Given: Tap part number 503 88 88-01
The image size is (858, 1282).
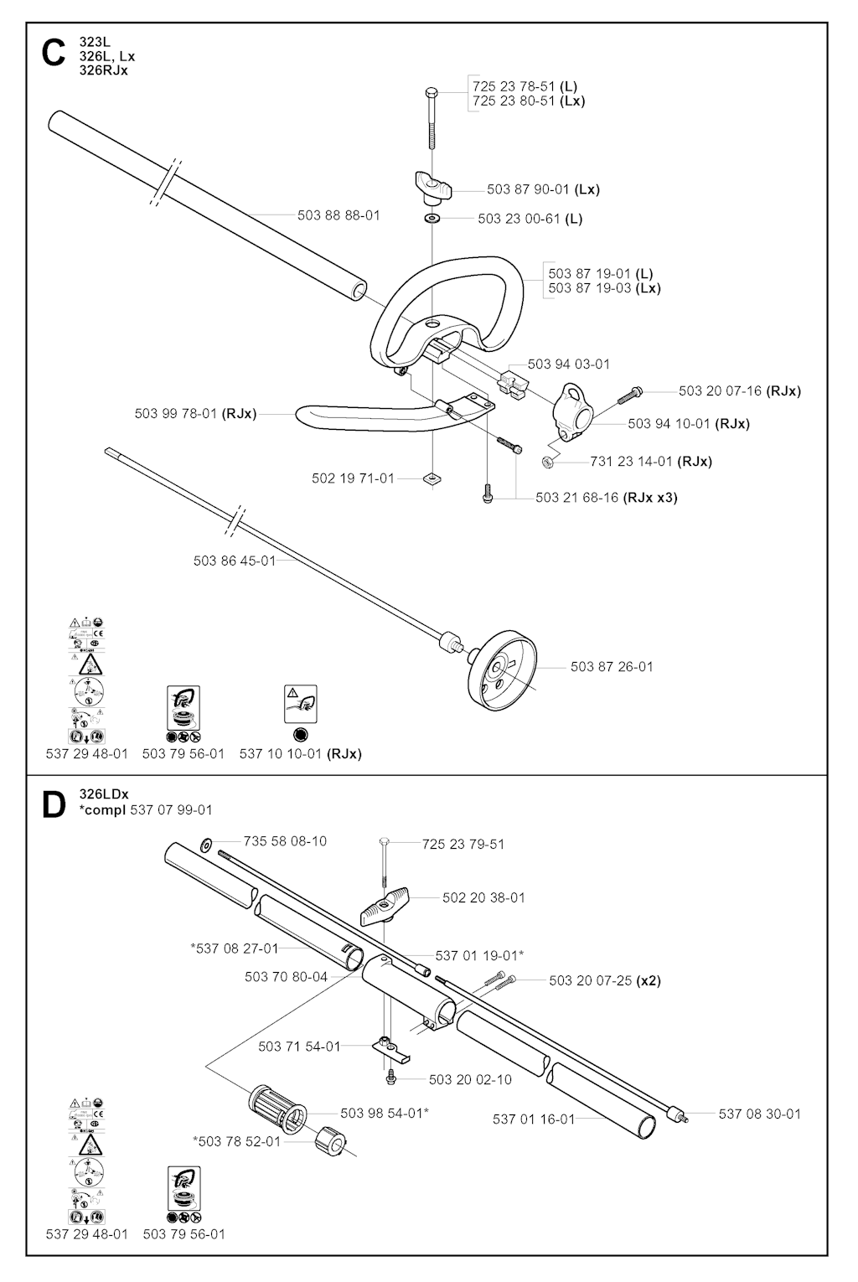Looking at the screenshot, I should pos(339,215).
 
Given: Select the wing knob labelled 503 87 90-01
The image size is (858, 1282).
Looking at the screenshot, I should pos(432,186).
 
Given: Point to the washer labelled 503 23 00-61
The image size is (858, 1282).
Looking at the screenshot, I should pos(432,219).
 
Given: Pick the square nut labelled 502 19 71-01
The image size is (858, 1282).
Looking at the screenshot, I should pos(432,478).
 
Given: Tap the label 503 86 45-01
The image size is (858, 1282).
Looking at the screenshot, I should pos(235,561).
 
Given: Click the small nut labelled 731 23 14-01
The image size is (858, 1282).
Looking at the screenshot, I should pos(549,461).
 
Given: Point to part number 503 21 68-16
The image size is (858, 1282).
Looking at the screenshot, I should pos(577,498).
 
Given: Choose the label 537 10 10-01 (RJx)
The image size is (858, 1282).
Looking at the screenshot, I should pos(300,754).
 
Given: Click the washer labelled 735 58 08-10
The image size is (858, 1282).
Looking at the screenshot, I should pos(206,842).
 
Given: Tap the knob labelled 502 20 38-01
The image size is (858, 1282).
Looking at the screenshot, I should pos(388,903).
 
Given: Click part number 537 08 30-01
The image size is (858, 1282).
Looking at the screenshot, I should pos(759,1114).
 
